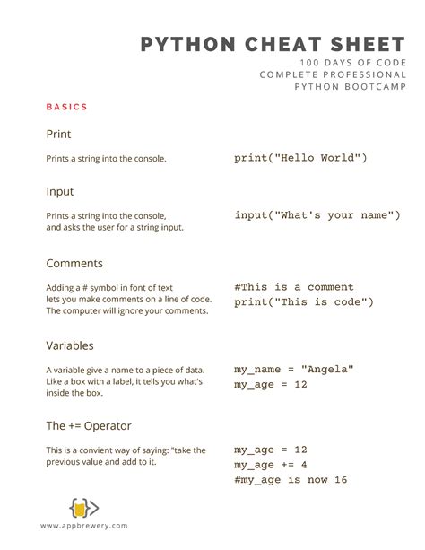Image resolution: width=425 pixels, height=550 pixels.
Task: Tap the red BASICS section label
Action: coord(67,107)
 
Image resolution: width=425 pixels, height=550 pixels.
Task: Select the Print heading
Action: coord(59,135)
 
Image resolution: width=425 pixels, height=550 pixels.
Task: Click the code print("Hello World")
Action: coord(301,158)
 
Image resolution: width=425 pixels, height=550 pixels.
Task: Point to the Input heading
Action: coord(60,192)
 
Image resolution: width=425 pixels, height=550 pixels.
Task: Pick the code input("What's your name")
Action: coord(317,215)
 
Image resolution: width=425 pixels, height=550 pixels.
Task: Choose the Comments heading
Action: coord(74,264)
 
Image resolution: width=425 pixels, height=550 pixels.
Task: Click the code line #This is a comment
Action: coord(294,287)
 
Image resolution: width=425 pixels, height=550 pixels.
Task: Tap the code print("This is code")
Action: coord(304,302)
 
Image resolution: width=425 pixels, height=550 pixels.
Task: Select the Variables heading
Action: coord(70,345)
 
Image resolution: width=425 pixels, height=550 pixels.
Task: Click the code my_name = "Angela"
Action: coord(294,369)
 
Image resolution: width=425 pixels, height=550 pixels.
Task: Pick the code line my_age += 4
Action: coord(271,465)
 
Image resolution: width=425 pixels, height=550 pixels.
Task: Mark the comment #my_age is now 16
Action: coord(291,480)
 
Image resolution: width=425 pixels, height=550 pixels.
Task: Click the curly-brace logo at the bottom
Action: coord(83,508)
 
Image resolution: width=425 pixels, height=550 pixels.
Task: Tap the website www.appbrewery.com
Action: coord(83,526)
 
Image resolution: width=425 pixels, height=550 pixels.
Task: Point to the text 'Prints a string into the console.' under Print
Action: coord(106,159)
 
